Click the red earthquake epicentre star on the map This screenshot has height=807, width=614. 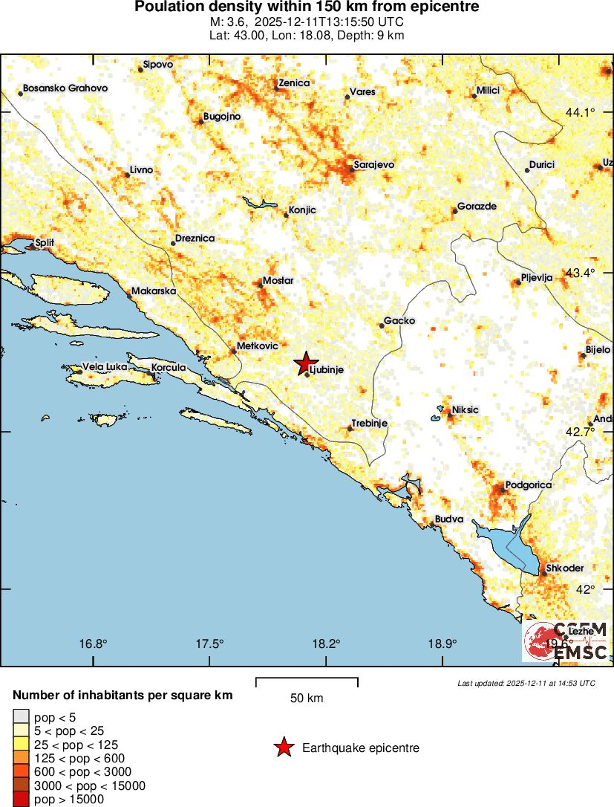[304, 363]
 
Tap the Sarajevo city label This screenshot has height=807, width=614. [374, 164]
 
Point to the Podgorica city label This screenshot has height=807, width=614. [528, 485]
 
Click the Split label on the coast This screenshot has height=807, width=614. [45, 242]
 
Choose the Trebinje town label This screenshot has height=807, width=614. [369, 423]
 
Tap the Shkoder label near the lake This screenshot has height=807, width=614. [564, 568]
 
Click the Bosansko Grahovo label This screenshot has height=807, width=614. [65, 88]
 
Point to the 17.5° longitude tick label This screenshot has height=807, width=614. [210, 644]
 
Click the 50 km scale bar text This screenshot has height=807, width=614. [307, 699]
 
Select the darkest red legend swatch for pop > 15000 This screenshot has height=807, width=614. [21, 800]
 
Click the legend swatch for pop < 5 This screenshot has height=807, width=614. [21, 716]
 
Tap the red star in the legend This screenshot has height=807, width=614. [284, 748]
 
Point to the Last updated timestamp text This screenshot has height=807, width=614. [526, 683]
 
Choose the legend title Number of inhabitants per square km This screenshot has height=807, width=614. [123, 696]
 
